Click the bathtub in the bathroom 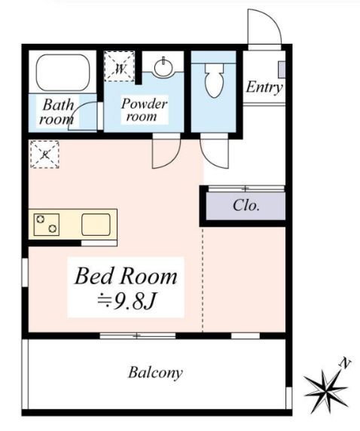63,72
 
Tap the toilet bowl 214,81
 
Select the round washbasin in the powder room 164,67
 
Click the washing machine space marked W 120,66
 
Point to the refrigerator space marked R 44,154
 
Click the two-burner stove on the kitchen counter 47,225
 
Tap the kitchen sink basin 96,225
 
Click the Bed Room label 126,277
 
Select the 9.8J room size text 127,301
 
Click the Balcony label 155,373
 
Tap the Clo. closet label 246,205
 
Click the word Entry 264,87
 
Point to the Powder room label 144,110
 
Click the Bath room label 57,112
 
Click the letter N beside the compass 345,363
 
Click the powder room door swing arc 173,159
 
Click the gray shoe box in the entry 282,69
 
